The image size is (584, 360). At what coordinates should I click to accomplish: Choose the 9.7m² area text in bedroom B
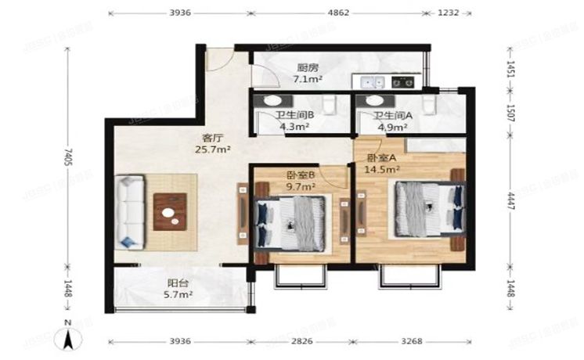coord(300,186)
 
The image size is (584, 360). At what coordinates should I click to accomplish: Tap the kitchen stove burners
coord(403,80)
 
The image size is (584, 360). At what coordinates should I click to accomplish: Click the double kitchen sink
coord(369,80)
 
